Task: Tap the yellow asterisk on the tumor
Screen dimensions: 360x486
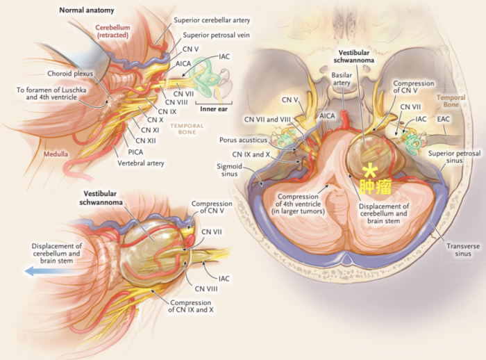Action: pos(372,170)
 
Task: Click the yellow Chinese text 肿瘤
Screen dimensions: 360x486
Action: pos(373,186)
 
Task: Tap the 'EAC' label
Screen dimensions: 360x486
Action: pos(445,120)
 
